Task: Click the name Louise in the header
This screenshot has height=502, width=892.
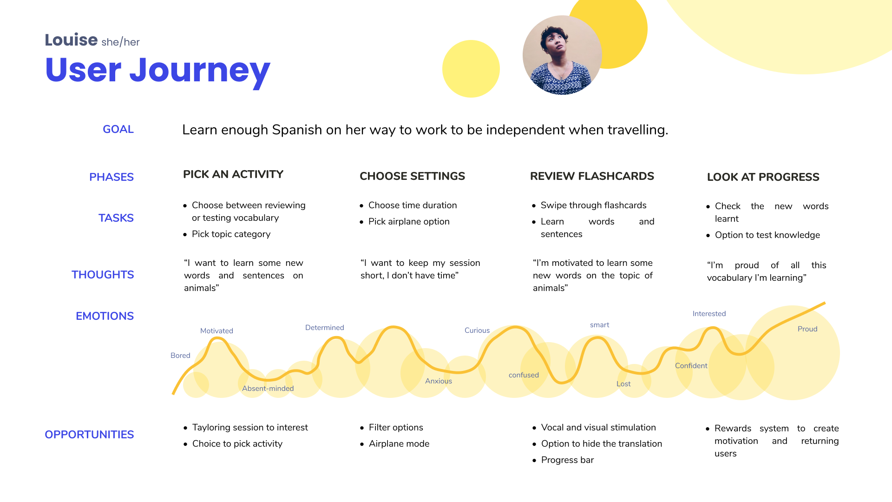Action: click(x=71, y=40)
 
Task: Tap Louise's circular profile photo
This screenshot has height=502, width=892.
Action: click(x=562, y=55)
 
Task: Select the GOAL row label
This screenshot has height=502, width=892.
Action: click(x=118, y=129)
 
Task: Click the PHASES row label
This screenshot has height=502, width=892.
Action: click(x=111, y=177)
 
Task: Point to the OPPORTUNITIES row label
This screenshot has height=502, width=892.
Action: click(x=89, y=435)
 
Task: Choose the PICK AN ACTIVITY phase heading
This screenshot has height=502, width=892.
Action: click(x=233, y=174)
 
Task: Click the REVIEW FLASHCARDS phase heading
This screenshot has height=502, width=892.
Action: click(x=592, y=176)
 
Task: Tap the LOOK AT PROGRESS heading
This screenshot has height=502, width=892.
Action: click(x=763, y=177)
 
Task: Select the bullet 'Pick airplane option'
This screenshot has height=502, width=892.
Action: click(x=409, y=222)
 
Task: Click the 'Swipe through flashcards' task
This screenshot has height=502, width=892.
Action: click(x=593, y=205)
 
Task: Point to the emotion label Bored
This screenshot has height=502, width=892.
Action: click(x=180, y=356)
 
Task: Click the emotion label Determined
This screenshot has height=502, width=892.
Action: click(x=325, y=328)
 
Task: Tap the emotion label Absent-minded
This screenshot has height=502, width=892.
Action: click(x=268, y=389)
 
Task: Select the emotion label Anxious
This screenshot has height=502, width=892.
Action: click(x=439, y=381)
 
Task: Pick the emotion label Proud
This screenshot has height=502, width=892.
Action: click(x=807, y=329)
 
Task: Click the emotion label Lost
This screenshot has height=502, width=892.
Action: click(x=623, y=384)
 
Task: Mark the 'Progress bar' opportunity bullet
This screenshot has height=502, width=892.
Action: click(x=567, y=460)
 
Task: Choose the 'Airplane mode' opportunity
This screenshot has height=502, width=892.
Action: click(x=399, y=444)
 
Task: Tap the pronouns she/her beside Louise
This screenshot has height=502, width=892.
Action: click(x=120, y=42)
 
